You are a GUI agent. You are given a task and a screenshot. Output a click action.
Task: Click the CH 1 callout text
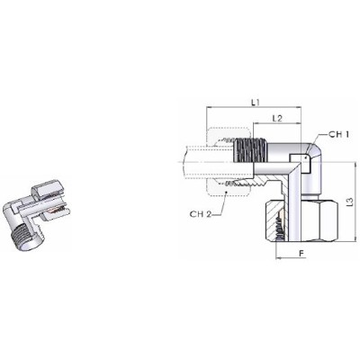(337, 135)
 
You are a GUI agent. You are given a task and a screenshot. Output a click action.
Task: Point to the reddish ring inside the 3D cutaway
(57, 213)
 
